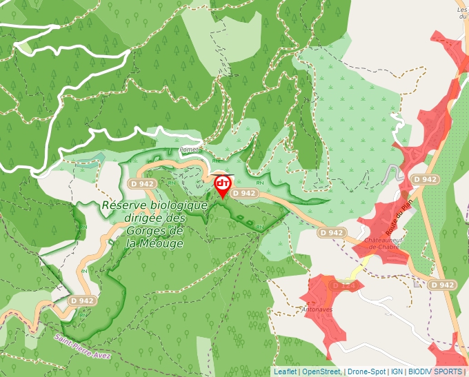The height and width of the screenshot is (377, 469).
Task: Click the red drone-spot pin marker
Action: pos(223,185)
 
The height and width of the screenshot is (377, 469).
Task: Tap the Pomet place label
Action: pos(188,149)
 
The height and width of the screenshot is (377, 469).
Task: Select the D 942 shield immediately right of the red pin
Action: pos(244,194)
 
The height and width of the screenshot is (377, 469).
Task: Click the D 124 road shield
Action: pos(343,285)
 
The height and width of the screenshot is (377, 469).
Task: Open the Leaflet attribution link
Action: pos(285,371)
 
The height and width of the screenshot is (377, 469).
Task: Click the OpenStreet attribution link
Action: pos(321,371)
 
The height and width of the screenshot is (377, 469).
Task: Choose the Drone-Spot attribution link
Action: pos(366,371)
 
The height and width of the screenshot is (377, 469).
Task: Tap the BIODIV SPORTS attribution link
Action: pos(435,371)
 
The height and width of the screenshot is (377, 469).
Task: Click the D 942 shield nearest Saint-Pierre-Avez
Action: pos(82,301)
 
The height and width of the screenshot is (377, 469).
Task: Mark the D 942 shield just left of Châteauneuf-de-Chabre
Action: pos(332,233)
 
